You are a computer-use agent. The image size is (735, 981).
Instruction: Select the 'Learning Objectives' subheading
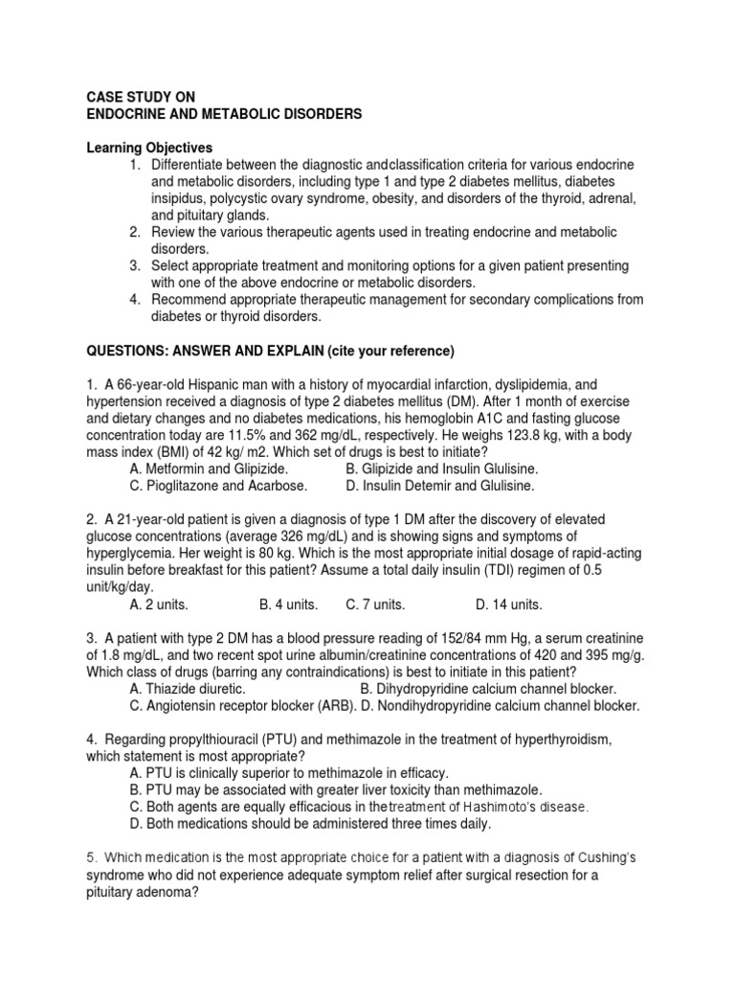tap(150, 148)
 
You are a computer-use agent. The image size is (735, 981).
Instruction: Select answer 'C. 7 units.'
tap(376, 605)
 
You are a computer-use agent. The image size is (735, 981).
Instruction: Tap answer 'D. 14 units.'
tap(509, 605)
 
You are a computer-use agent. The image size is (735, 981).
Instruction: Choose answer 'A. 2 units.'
tap(159, 605)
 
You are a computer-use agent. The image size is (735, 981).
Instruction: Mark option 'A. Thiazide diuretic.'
tap(188, 689)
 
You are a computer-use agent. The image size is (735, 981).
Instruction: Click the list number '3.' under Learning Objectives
tap(137, 266)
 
